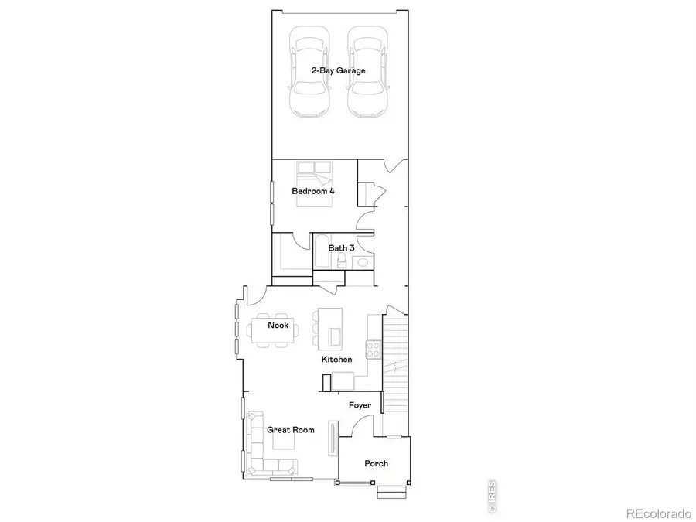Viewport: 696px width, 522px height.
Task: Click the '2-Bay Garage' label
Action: pyautogui.click(x=339, y=70)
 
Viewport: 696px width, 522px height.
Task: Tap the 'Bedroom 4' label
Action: pyautogui.click(x=313, y=190)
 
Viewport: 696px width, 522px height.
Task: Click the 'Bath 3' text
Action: pyautogui.click(x=342, y=247)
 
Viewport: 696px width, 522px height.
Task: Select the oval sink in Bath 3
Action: pyautogui.click(x=362, y=263)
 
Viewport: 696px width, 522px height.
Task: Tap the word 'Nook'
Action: pyautogui.click(x=278, y=326)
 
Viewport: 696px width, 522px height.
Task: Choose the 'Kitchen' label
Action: pyautogui.click(x=337, y=360)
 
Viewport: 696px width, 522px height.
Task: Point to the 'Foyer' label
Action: pyautogui.click(x=360, y=405)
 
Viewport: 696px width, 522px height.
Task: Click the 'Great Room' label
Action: pyautogui.click(x=291, y=430)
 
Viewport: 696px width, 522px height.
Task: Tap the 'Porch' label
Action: pyautogui.click(x=377, y=464)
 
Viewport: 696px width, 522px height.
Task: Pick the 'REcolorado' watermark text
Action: pyautogui.click(x=658, y=513)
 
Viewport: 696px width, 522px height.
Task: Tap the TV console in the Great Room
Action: pyautogui.click(x=333, y=440)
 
